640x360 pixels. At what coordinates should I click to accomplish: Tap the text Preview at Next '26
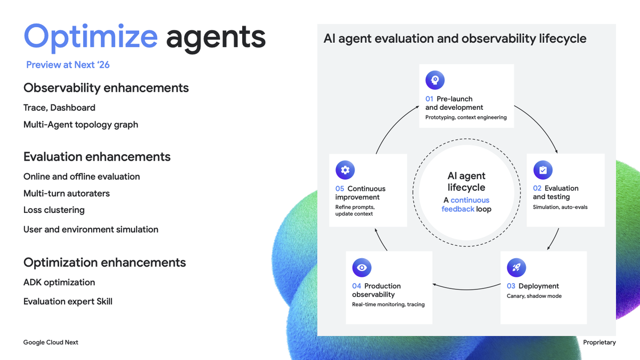68,65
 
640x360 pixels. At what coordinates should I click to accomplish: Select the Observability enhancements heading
106,87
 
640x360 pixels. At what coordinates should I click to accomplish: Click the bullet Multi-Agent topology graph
81,125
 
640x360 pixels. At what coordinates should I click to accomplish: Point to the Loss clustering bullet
54,210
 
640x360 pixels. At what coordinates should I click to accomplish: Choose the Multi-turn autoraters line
67,194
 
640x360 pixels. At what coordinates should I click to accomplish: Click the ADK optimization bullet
59,282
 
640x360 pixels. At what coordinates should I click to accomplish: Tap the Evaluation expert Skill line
68,301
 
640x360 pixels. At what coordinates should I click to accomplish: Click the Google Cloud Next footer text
51,342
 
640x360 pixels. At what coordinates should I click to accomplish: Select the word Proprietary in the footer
599,342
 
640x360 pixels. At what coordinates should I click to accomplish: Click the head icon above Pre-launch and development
435,80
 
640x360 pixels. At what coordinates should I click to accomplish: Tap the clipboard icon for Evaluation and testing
543,170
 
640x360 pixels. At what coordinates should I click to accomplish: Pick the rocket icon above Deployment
516,268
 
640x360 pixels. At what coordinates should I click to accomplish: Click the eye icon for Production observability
362,268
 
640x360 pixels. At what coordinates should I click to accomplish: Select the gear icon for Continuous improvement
345,170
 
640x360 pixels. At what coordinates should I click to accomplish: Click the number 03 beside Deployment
511,286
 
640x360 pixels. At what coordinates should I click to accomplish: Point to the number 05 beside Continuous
340,189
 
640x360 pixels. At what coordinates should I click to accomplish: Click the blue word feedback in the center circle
458,209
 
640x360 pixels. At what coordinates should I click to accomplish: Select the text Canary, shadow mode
534,296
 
